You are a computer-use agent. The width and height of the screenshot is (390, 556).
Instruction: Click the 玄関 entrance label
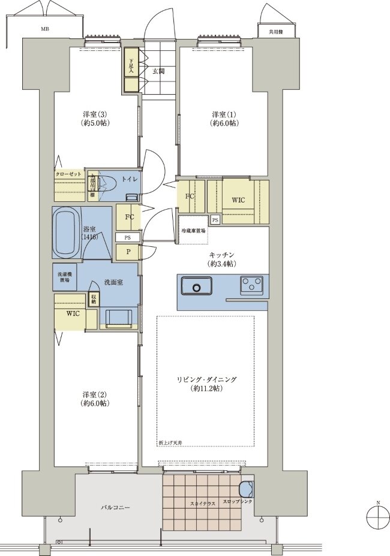click(158, 71)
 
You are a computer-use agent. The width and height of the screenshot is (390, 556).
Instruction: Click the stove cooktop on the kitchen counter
click(251, 285)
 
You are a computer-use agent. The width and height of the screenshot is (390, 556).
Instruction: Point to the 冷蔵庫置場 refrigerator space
click(193, 230)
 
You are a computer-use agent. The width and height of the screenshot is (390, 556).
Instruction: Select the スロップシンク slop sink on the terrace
click(246, 489)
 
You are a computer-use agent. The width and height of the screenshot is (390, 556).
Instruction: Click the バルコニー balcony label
click(115, 507)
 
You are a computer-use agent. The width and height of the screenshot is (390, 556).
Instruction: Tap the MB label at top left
click(44, 28)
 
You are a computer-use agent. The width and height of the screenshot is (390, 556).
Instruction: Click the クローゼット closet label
click(68, 174)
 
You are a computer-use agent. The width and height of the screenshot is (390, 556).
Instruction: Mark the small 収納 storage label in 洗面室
click(93, 298)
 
